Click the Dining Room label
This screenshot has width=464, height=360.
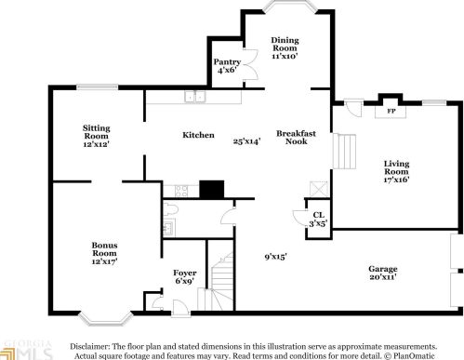point(284,47)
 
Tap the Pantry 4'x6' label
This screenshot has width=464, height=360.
point(227,65)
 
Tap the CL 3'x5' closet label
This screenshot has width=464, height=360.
point(318,220)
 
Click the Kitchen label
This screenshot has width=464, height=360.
point(198,135)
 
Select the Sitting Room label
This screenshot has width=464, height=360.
point(97,137)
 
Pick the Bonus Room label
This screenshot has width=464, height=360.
point(103,254)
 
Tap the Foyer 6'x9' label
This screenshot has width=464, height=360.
point(185,278)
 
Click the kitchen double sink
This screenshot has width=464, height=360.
point(194,96)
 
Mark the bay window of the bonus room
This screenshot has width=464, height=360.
point(95,319)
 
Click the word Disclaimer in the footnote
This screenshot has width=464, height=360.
point(92,345)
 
